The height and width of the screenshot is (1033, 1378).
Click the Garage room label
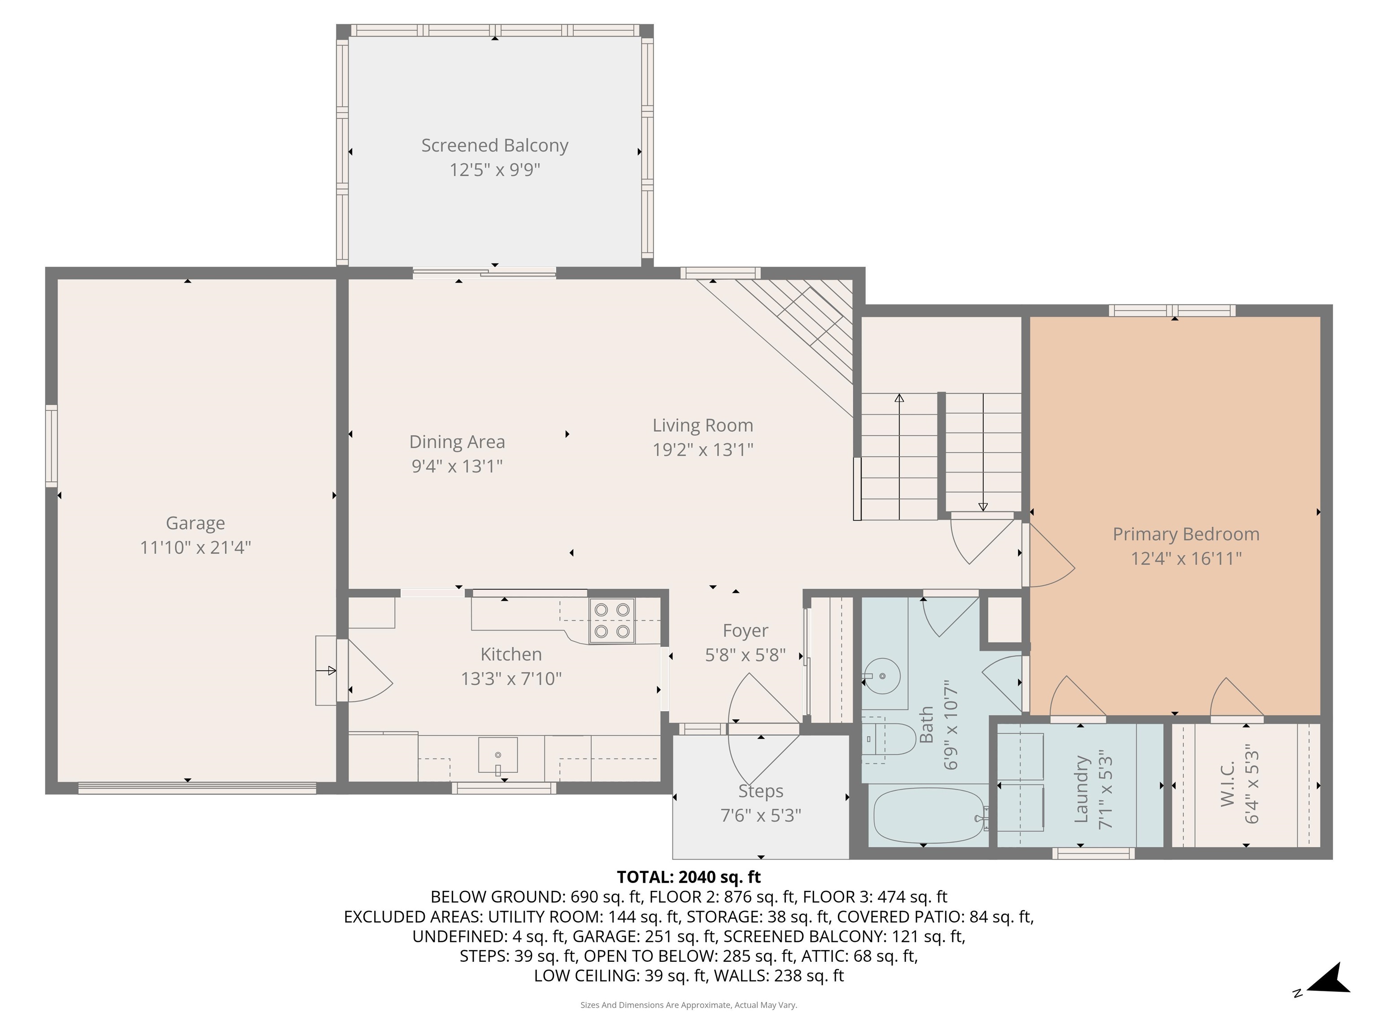[x=195, y=523]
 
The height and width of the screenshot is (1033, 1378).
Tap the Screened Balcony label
[x=495, y=145]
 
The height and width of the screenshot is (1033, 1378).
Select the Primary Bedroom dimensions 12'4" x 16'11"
[x=1186, y=559]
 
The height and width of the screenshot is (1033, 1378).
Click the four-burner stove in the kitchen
[x=612, y=621]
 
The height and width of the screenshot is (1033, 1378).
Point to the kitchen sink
[x=498, y=755]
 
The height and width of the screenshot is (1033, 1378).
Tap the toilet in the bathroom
[x=885, y=739]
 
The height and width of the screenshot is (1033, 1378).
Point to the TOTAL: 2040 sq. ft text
[x=689, y=877]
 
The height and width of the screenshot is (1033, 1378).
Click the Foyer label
[x=745, y=631]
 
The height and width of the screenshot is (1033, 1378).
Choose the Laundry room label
[x=1081, y=789]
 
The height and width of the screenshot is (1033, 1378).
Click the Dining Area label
[x=457, y=442]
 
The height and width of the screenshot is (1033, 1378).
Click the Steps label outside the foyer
[x=761, y=791]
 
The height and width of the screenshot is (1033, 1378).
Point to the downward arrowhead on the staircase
[x=983, y=507]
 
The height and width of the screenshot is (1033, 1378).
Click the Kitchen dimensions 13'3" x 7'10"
[x=511, y=679]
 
